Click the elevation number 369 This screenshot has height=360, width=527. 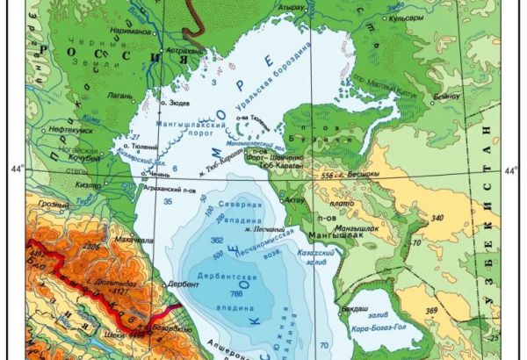click(456, 310)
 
